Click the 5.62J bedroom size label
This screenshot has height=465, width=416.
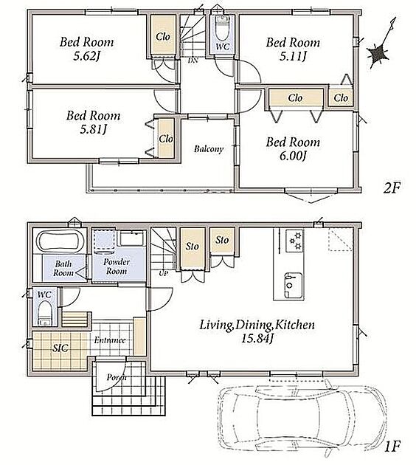point(86,56)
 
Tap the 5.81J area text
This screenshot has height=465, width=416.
point(93,129)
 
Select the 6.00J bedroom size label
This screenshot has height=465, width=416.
point(293,156)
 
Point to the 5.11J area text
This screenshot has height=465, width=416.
point(293,56)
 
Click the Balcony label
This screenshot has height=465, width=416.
point(209,148)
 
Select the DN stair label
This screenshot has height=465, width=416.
point(193,61)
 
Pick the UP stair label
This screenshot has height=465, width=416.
point(163,273)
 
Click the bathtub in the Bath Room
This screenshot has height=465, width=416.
point(61,241)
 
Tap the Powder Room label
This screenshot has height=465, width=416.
point(117,266)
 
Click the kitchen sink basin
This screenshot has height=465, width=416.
point(294,286)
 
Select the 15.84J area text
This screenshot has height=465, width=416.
point(257,338)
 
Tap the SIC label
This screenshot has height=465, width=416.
point(60,348)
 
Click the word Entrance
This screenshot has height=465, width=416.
point(110,340)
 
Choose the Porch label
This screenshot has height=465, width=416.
point(117,377)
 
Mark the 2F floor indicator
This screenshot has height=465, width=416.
point(392,187)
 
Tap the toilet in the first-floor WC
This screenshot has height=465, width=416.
point(45,314)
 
